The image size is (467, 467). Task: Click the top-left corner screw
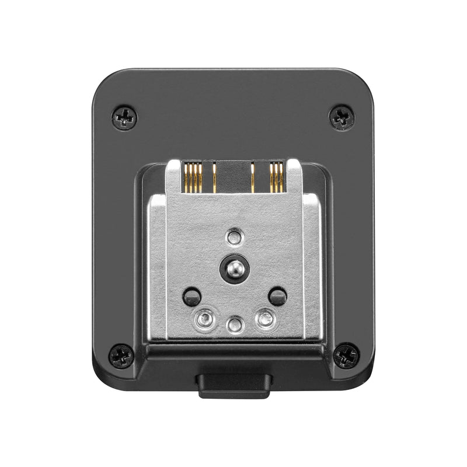tap(124, 117)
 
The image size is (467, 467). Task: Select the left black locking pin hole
tap(191, 296)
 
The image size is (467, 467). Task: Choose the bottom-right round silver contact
tap(264, 318)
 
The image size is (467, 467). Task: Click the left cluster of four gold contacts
tap(192, 177)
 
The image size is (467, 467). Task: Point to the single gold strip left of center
tap(214, 177)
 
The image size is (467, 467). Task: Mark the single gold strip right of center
tap(253, 177)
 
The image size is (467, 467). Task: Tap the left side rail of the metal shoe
tap(156, 269)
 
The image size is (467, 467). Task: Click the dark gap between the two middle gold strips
tap(233, 177)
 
